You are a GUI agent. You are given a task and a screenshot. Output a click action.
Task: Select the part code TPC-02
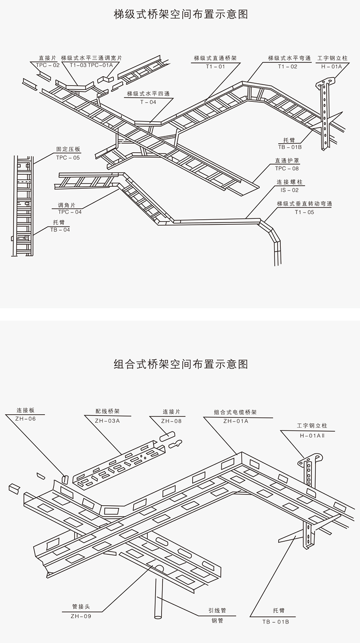48,65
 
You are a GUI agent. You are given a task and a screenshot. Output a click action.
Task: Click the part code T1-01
215,66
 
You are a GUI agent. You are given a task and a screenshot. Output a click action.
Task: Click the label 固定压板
67,149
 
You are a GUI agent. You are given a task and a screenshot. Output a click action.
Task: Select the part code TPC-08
287,168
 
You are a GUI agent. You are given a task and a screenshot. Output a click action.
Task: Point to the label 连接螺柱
289,182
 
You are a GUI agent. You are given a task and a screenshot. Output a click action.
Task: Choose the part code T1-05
305,212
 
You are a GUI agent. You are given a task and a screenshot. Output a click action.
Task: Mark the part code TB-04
60,230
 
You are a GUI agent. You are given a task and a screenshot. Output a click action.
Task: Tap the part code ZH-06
26,419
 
